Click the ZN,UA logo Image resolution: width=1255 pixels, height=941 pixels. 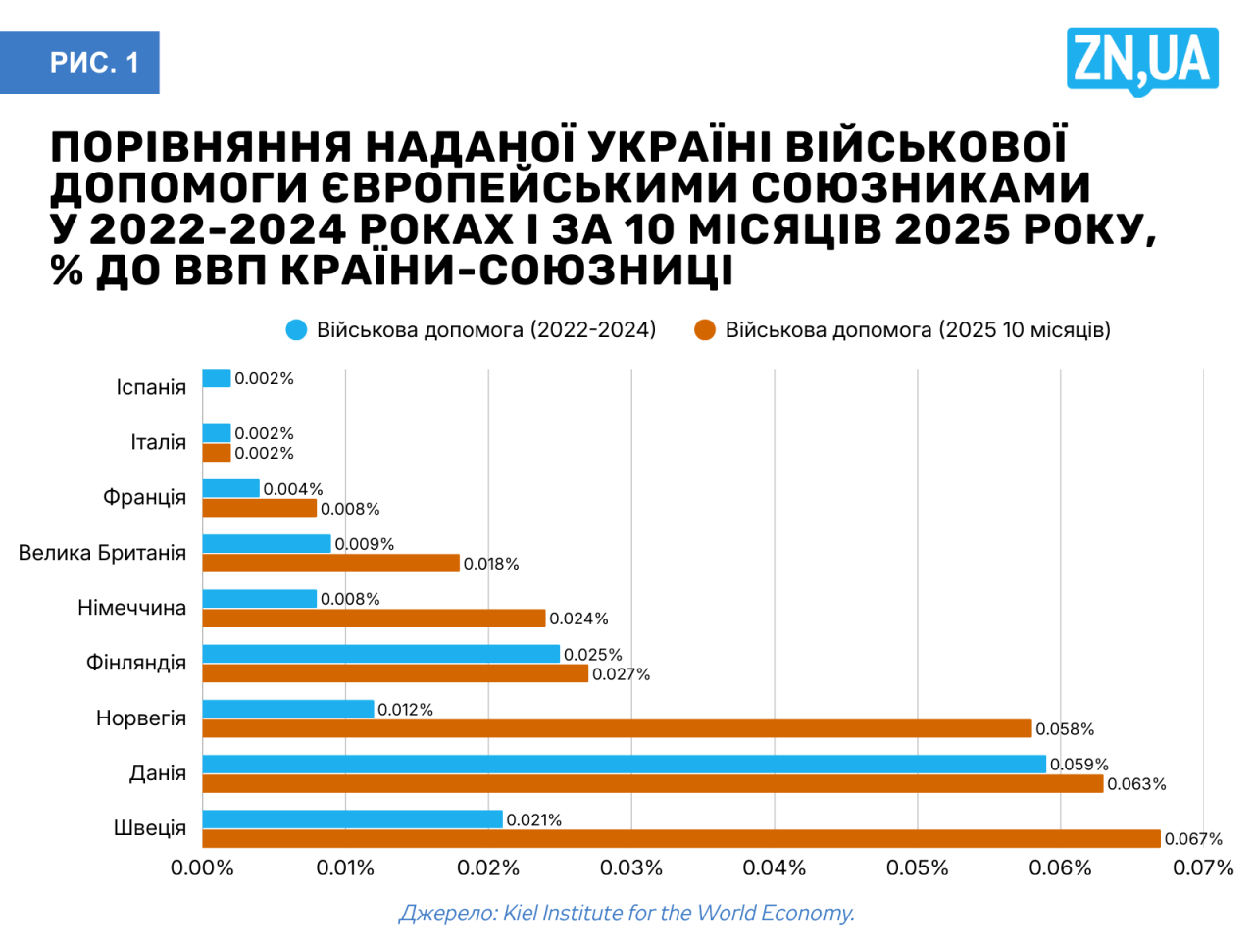point(1142,60)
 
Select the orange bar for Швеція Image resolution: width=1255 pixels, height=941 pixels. point(681,839)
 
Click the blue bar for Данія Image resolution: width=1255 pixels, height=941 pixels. point(624,764)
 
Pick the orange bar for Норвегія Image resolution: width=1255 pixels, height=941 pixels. point(617,728)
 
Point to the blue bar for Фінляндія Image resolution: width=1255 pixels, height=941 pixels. point(380,654)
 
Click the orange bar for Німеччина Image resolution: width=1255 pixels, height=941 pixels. point(374,619)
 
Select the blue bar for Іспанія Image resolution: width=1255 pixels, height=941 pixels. point(217,378)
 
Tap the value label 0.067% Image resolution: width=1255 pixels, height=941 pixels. point(1193,839)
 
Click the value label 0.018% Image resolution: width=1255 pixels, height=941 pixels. point(491,564)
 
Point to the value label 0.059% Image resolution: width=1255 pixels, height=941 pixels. point(1079,765)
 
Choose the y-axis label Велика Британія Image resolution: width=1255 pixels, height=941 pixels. point(102,553)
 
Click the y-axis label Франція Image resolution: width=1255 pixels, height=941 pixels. point(144,497)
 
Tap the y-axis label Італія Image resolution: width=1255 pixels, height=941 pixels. point(158,442)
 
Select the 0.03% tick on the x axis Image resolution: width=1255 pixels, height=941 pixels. point(631,867)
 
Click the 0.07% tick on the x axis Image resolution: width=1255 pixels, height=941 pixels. point(1203,867)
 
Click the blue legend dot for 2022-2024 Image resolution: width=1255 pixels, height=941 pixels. point(296,330)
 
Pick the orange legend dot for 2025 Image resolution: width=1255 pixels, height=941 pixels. point(705,330)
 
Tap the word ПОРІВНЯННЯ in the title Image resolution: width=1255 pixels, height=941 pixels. point(201,147)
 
